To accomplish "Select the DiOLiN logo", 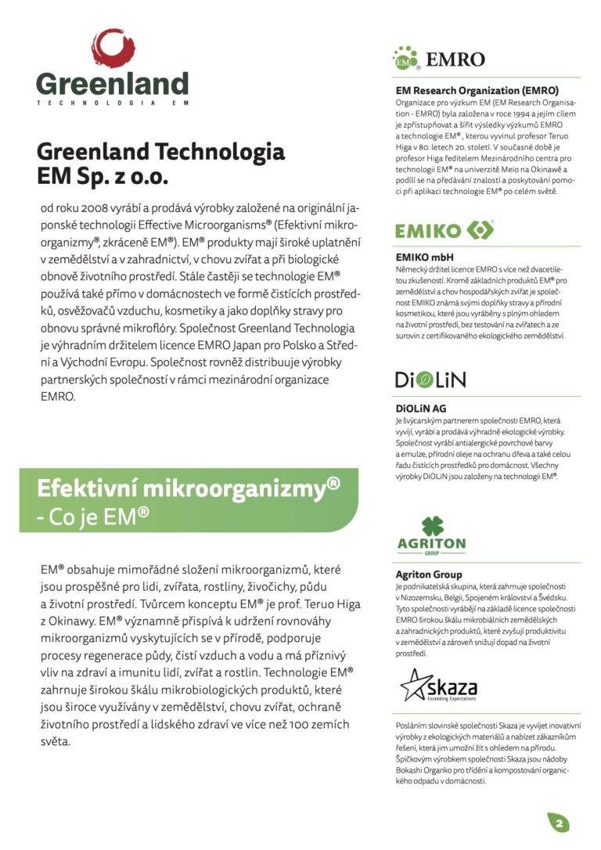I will pos(430,380).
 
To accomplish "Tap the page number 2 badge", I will pos(559,823).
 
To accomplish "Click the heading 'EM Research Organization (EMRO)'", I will pos(477,90).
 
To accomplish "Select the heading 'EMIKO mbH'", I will pos(425,257).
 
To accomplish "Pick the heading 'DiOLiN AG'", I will pos(421,408).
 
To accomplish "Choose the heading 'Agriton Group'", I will pos(429,574).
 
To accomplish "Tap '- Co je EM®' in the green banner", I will pos(93,516).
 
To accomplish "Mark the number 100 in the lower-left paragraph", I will pos(305,724).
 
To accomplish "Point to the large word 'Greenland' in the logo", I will pos(112,84).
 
